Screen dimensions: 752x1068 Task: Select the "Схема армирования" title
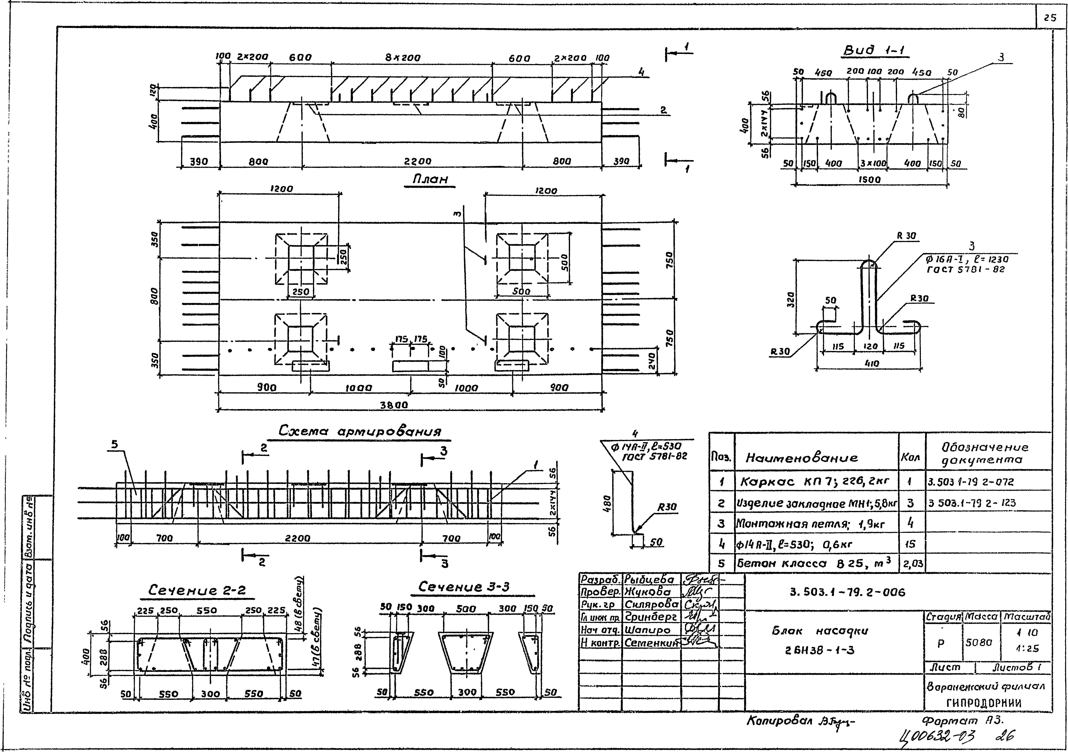tap(360, 431)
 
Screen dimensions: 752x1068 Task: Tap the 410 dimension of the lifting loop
tap(871, 364)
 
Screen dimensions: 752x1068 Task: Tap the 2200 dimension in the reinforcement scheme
tap(298, 538)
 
